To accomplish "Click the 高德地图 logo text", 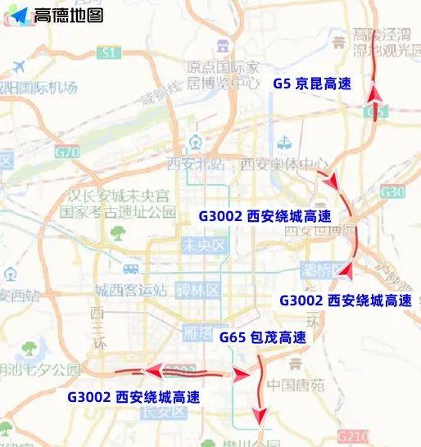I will (x=68, y=15).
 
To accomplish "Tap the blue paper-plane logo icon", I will (x=19, y=16).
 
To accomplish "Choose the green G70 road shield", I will (x=66, y=152).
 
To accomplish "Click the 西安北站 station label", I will (x=196, y=163).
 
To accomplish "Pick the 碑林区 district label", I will (x=201, y=290).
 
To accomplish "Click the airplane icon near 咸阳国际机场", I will (x=18, y=65).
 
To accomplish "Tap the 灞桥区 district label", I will (x=316, y=270).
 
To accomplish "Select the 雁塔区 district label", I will (x=199, y=333).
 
